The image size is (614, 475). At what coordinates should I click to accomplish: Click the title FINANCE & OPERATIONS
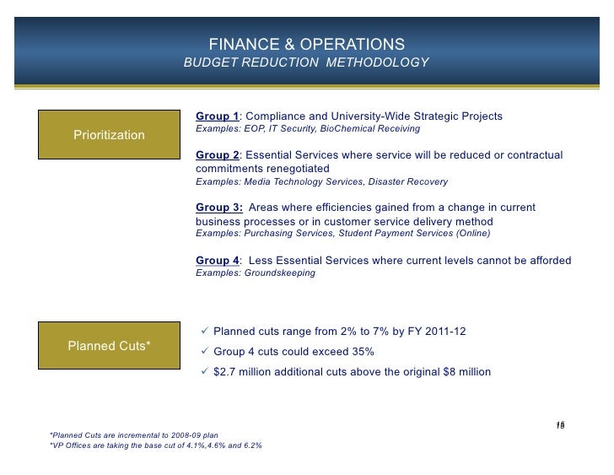(307, 44)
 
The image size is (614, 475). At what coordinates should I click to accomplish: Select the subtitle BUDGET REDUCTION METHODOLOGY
(307, 63)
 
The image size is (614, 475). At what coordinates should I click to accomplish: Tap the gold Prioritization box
(109, 135)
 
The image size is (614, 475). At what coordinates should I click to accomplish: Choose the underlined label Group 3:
(219, 208)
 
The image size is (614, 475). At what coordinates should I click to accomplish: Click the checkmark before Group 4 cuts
(205, 351)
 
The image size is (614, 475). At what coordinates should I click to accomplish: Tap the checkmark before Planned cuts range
(205, 331)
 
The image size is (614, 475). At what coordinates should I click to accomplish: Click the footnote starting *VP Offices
(156, 445)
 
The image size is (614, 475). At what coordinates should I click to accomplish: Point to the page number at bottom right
(559, 425)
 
